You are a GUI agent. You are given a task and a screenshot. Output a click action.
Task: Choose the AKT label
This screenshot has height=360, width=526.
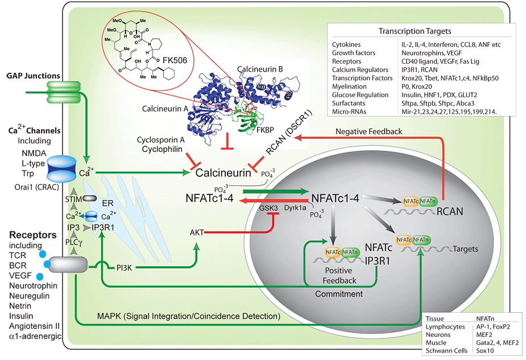[197, 232]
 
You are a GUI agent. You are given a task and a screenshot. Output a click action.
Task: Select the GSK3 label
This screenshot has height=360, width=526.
[268, 209]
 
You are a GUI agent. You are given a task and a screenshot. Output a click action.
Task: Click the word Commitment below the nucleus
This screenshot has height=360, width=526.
[339, 294]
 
